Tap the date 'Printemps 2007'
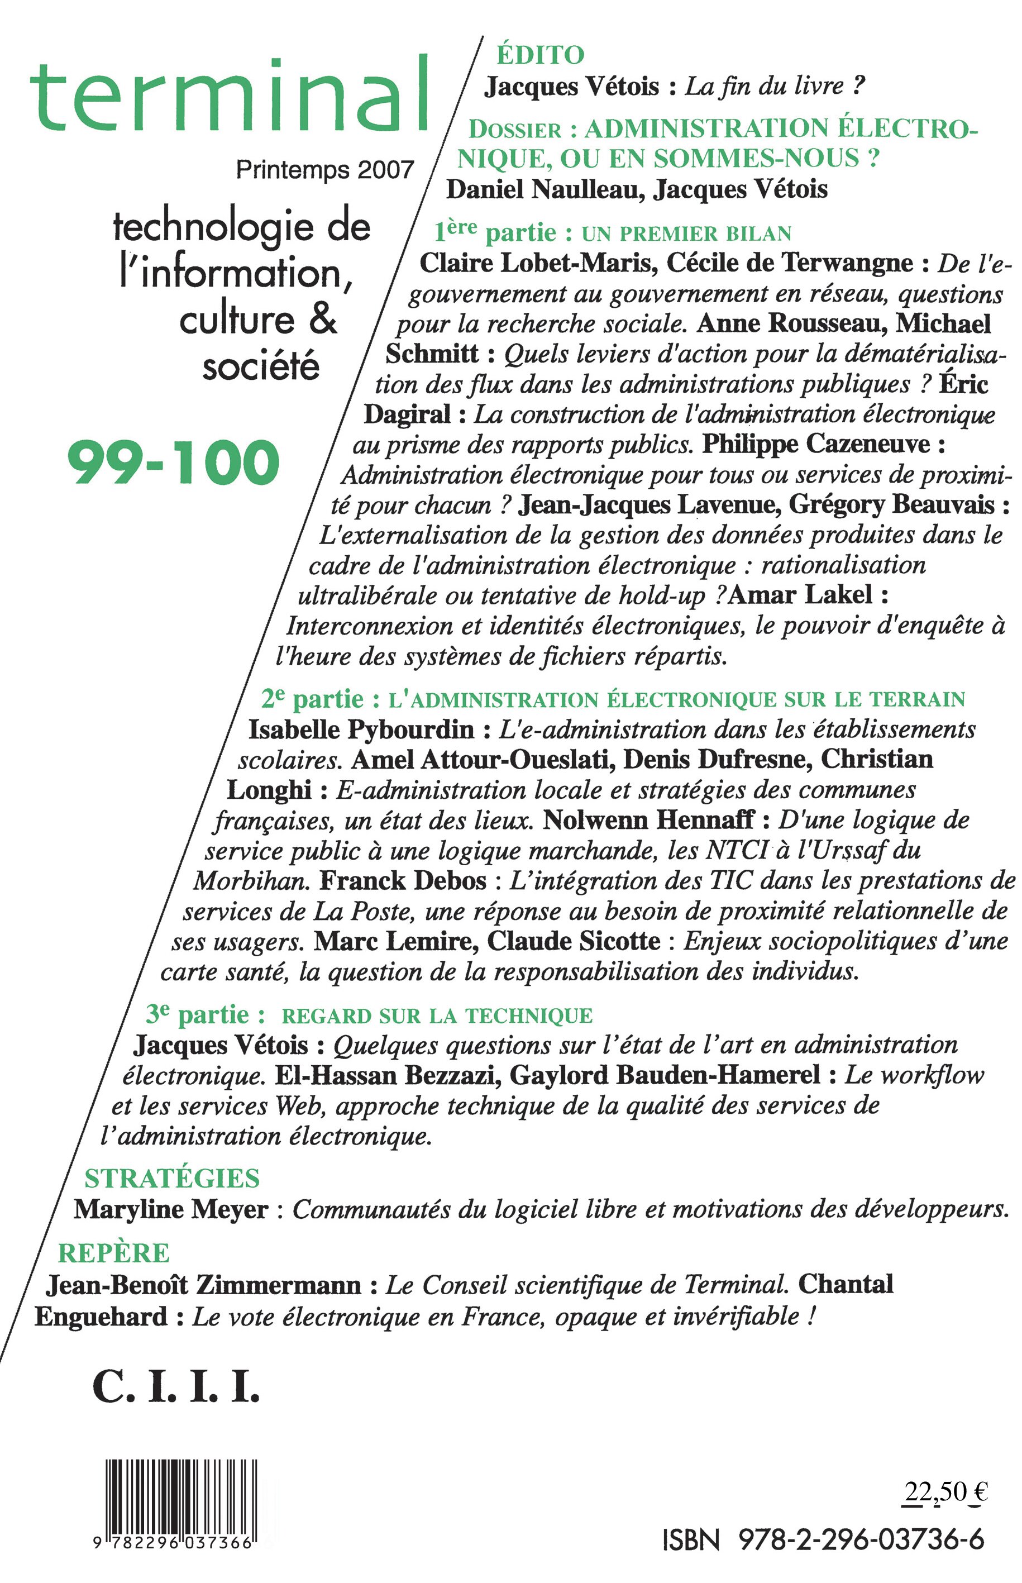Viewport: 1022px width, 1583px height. click(x=324, y=170)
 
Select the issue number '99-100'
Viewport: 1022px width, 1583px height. click(x=174, y=462)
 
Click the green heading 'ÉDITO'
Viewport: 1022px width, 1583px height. click(x=540, y=55)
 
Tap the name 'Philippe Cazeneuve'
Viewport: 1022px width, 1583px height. click(x=816, y=444)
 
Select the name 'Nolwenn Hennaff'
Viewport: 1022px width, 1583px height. click(x=648, y=821)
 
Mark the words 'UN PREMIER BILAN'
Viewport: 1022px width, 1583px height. click(x=686, y=233)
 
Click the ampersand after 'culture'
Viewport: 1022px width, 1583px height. click(x=323, y=320)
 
